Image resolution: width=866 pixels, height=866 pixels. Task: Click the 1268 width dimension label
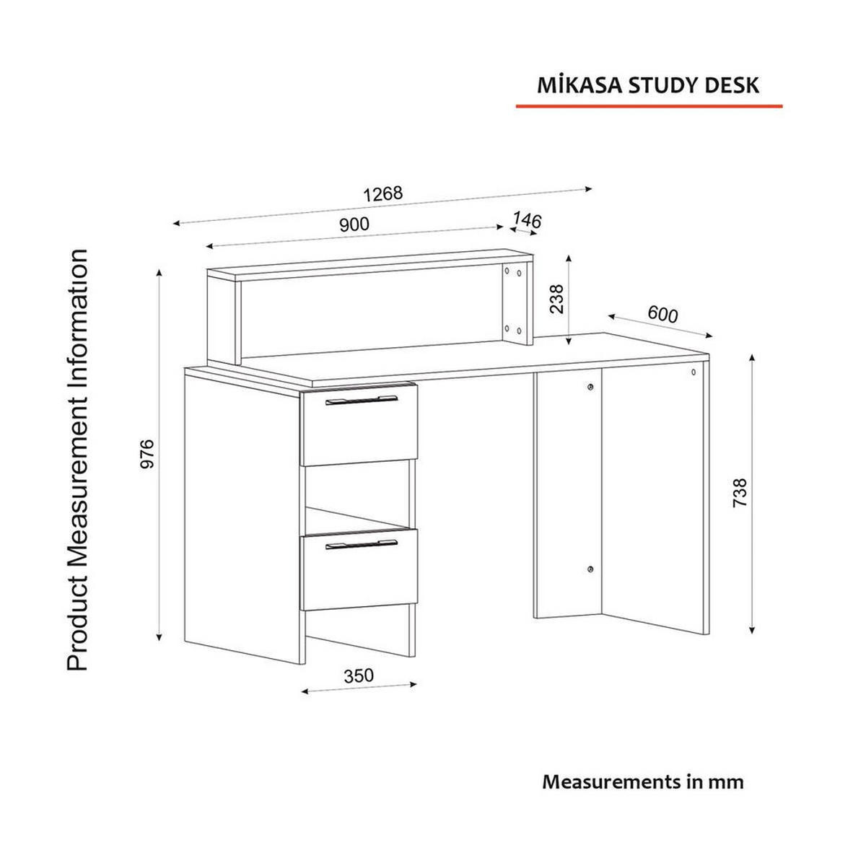[x=382, y=194]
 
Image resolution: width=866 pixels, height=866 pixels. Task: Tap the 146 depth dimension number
[x=527, y=220]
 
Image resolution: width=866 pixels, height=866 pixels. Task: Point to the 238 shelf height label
[x=556, y=298]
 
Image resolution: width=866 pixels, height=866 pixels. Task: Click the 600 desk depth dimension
[x=662, y=315]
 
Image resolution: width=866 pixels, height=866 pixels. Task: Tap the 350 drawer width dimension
[x=359, y=675]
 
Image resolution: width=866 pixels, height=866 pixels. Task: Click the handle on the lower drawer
[x=362, y=544]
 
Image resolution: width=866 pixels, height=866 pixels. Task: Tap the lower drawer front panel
[x=359, y=574]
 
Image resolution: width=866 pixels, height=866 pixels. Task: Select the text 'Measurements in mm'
[x=642, y=782]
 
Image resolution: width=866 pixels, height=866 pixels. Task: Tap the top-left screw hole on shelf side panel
[x=508, y=271]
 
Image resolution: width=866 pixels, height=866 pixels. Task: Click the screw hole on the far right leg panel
[x=693, y=372]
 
